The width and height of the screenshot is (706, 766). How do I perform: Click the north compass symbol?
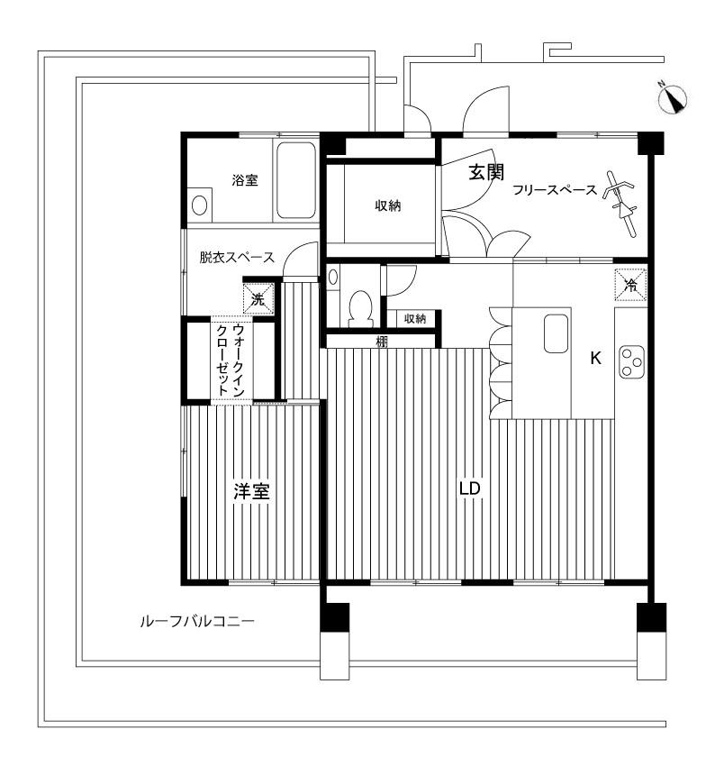[674, 100]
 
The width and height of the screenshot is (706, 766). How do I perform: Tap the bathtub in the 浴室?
[296, 180]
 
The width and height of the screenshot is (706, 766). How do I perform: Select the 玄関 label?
[486, 172]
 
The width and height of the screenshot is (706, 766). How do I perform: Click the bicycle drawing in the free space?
[620, 204]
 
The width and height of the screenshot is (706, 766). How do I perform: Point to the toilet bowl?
[361, 308]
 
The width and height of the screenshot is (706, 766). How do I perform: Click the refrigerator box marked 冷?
[631, 284]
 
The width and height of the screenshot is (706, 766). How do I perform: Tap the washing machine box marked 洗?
[258, 298]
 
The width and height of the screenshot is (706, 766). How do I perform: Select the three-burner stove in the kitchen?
[632, 361]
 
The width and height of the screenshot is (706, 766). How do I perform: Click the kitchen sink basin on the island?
[557, 333]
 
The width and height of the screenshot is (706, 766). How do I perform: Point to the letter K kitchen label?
[595, 358]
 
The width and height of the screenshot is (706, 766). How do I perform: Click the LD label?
[470, 488]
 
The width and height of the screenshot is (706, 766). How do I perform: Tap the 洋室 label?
[251, 491]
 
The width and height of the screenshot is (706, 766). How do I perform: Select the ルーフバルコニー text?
[197, 622]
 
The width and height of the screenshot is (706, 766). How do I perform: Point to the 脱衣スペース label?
[237, 257]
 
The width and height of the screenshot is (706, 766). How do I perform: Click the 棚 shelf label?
[381, 342]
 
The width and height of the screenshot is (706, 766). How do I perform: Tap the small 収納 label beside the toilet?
[415, 318]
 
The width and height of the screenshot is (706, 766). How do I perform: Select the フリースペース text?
[555, 189]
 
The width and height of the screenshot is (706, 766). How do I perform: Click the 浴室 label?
[245, 180]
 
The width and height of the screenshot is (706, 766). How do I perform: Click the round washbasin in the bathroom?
[199, 205]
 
